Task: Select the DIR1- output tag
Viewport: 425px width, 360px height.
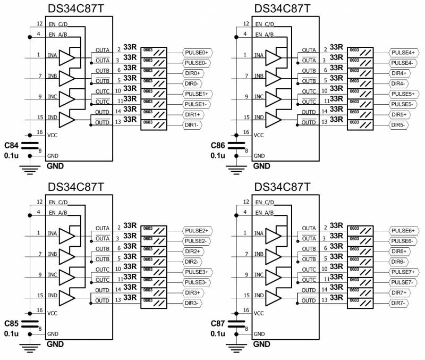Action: click(x=192, y=125)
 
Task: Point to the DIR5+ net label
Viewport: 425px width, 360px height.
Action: click(x=399, y=115)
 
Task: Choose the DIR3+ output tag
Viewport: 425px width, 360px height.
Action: click(x=192, y=293)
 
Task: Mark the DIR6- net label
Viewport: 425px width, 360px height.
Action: click(x=398, y=262)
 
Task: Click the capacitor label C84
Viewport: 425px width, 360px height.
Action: click(x=11, y=145)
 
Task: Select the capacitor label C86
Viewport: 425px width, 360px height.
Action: click(x=218, y=145)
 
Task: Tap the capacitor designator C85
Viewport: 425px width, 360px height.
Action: click(x=11, y=323)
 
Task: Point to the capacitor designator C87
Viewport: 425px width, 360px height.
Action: click(x=218, y=323)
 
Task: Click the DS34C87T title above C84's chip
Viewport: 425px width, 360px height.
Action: click(x=75, y=9)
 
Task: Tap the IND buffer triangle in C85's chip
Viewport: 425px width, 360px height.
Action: click(x=69, y=297)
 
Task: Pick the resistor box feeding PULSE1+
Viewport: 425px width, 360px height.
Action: click(x=154, y=94)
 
